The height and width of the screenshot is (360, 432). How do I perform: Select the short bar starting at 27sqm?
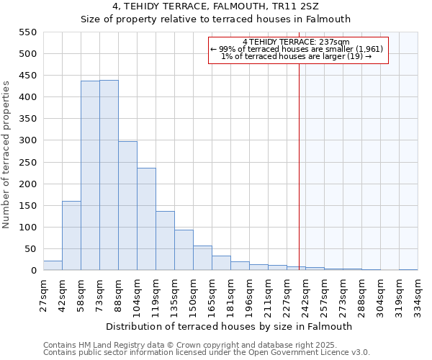(x=53, y=266)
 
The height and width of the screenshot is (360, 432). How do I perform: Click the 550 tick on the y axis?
(x=27, y=32)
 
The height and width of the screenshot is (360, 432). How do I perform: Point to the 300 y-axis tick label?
(x=27, y=141)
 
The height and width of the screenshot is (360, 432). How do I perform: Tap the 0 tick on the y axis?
(x=33, y=271)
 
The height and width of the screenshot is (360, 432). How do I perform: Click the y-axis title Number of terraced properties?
(x=7, y=155)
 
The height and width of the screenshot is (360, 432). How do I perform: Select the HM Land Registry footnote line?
(x=180, y=345)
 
